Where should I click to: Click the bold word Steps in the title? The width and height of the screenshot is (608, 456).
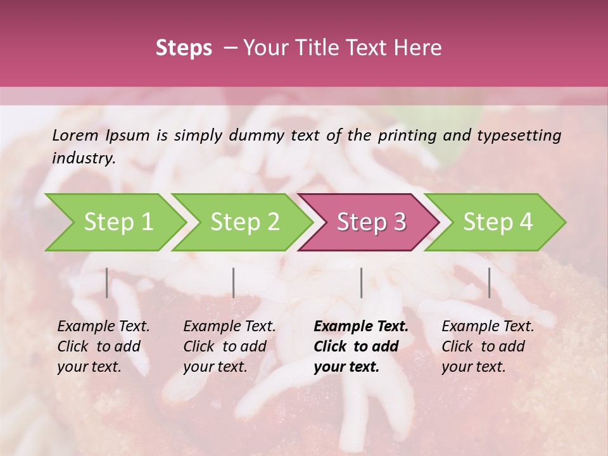pyautogui.click(x=184, y=48)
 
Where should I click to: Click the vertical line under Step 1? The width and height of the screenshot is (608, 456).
pyautogui.click(x=107, y=283)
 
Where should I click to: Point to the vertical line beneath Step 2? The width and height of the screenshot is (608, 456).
pyautogui.click(x=234, y=283)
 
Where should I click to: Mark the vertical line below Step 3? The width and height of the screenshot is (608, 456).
pyautogui.click(x=361, y=283)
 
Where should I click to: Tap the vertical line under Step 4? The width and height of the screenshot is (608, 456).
pyautogui.click(x=489, y=283)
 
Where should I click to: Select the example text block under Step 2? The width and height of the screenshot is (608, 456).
pyautogui.click(x=230, y=346)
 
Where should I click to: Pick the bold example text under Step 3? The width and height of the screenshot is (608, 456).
pyautogui.click(x=361, y=346)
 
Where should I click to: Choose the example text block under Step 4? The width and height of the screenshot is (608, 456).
pyautogui.click(x=488, y=346)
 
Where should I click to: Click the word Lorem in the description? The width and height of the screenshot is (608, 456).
pyautogui.click(x=75, y=135)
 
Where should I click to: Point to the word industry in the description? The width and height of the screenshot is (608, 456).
pyautogui.click(x=84, y=158)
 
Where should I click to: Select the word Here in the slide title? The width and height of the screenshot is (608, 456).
pyautogui.click(x=418, y=48)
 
